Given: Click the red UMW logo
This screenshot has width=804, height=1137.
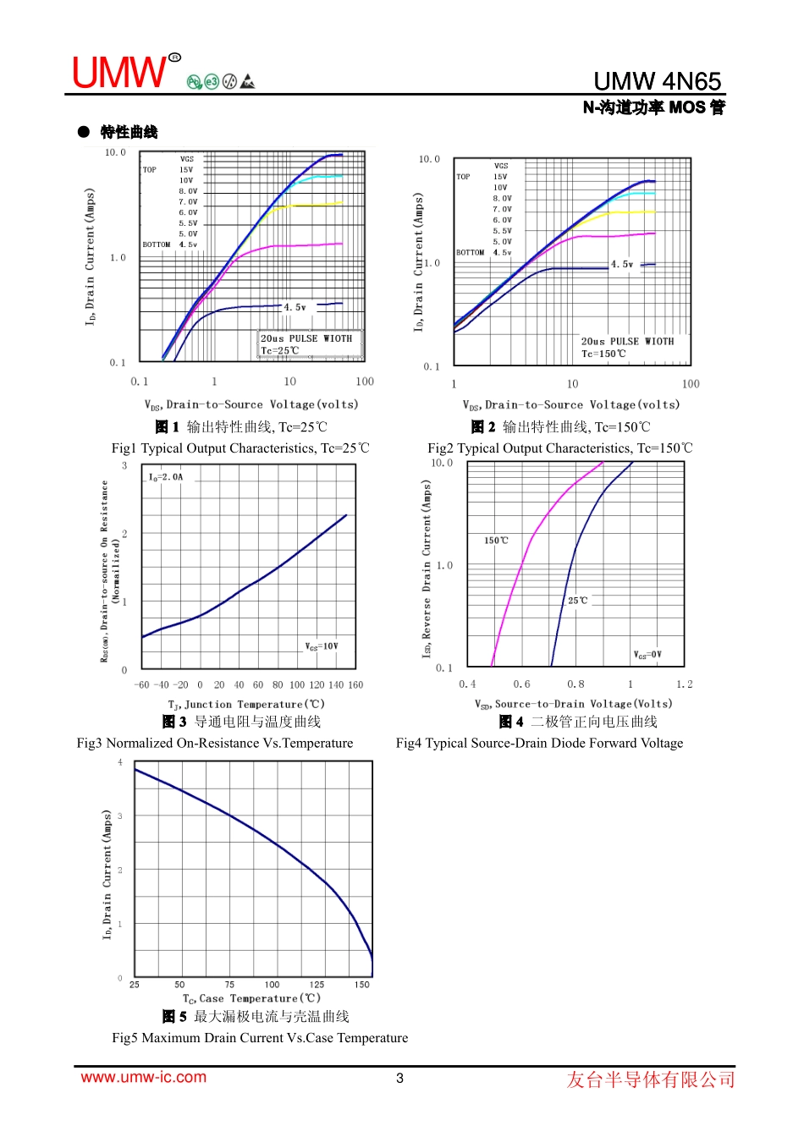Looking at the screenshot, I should [119, 73].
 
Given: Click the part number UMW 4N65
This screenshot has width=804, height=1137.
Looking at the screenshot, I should [657, 81].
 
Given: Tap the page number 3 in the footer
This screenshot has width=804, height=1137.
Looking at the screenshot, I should [400, 1078].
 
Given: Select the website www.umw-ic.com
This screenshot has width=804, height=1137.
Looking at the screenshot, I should [143, 1077].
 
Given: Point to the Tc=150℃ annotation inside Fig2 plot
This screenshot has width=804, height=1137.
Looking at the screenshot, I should [603, 354].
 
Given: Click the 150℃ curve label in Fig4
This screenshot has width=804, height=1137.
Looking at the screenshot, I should [496, 541].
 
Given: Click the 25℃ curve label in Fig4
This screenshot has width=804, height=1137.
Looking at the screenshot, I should [577, 601].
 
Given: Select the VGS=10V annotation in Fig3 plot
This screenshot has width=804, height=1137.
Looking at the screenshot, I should [322, 646].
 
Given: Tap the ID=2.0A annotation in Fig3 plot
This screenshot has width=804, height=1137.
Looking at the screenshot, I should [166, 477].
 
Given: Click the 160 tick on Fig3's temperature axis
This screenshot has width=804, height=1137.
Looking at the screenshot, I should [355, 685].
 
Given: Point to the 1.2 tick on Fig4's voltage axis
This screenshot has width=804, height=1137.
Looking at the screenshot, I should [684, 684].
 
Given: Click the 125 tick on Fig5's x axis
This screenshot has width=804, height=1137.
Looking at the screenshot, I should [317, 985].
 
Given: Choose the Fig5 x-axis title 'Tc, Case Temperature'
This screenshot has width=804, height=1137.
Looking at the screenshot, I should [251, 999].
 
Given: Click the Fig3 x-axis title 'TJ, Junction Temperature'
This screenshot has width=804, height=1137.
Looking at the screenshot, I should [246, 704].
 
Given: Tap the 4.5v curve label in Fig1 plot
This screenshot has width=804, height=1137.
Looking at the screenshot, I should [295, 307].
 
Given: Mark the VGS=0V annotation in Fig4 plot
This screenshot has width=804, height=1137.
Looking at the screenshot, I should [647, 655].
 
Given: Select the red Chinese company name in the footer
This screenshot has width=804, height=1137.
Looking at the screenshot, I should [650, 1079].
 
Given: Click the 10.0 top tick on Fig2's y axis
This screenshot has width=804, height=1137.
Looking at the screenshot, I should [429, 159].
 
